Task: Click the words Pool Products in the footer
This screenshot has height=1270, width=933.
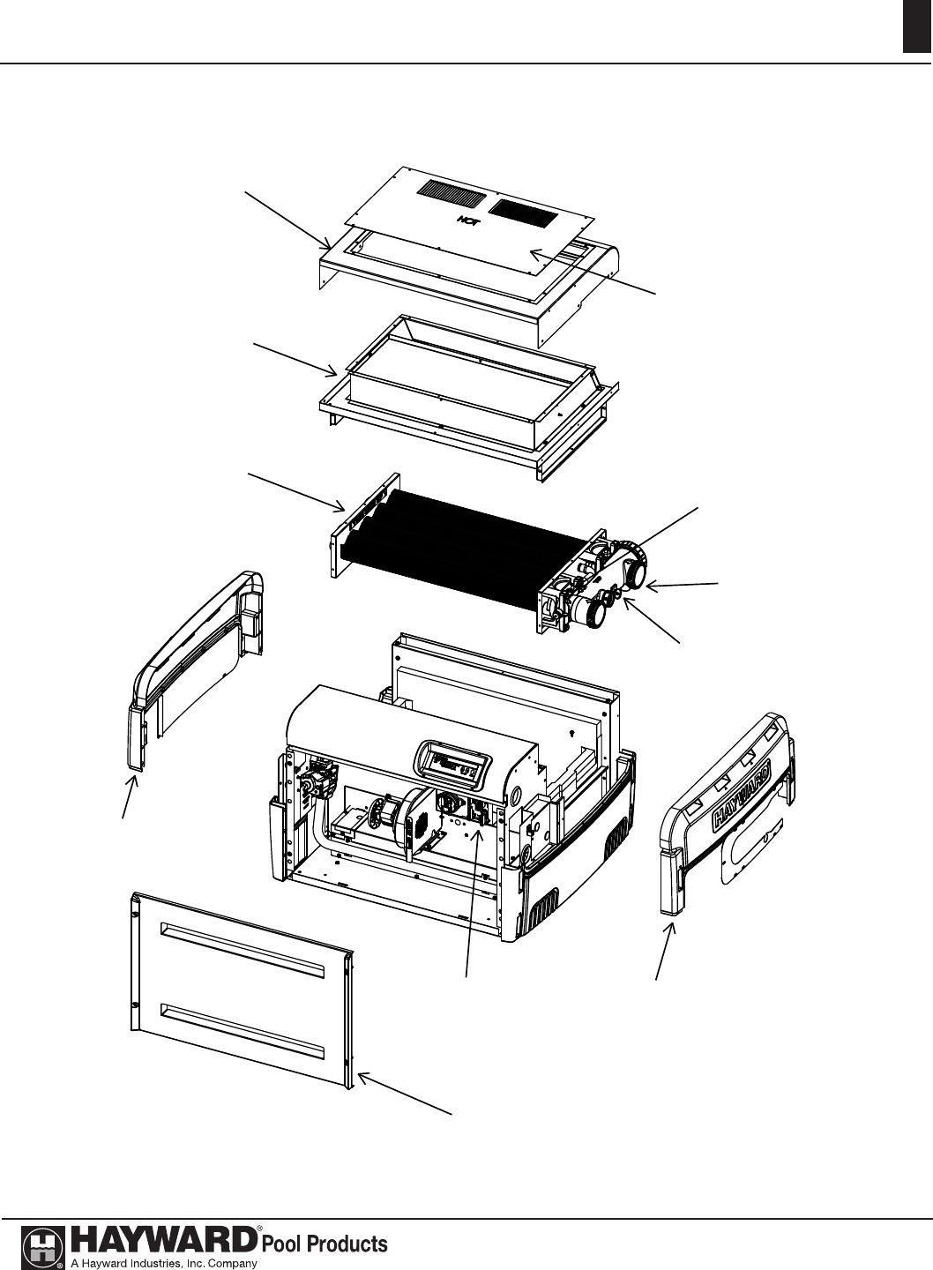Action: pos(325,1243)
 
